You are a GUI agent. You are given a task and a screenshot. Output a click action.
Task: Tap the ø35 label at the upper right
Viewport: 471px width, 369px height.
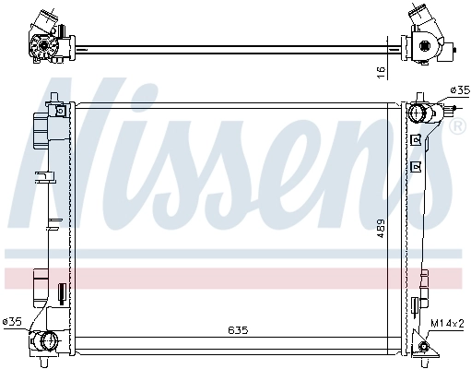tap(458, 89)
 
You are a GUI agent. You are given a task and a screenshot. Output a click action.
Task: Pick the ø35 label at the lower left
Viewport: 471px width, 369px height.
tap(13, 321)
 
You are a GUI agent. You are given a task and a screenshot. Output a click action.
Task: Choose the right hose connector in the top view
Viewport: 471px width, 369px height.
tap(427, 42)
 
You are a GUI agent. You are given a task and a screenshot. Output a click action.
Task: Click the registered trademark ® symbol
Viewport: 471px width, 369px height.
tap(456, 129)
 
